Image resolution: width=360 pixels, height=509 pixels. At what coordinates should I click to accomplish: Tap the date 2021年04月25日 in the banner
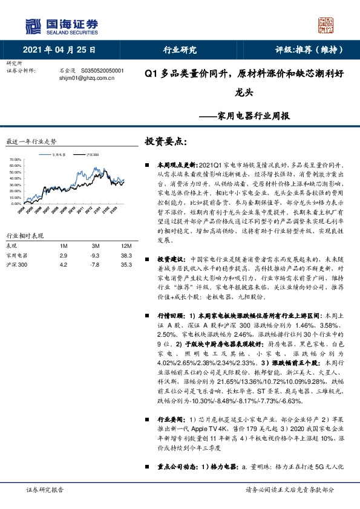click(59, 50)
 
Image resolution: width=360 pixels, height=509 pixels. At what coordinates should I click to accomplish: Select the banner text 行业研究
click(180, 50)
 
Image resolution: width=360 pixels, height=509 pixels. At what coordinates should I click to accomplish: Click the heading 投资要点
click(166, 142)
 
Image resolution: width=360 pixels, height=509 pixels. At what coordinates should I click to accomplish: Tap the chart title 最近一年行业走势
click(31, 141)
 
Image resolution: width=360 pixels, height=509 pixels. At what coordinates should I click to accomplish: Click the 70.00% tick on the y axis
click(17, 160)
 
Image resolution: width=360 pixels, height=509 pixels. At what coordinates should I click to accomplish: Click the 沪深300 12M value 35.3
click(110, 265)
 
